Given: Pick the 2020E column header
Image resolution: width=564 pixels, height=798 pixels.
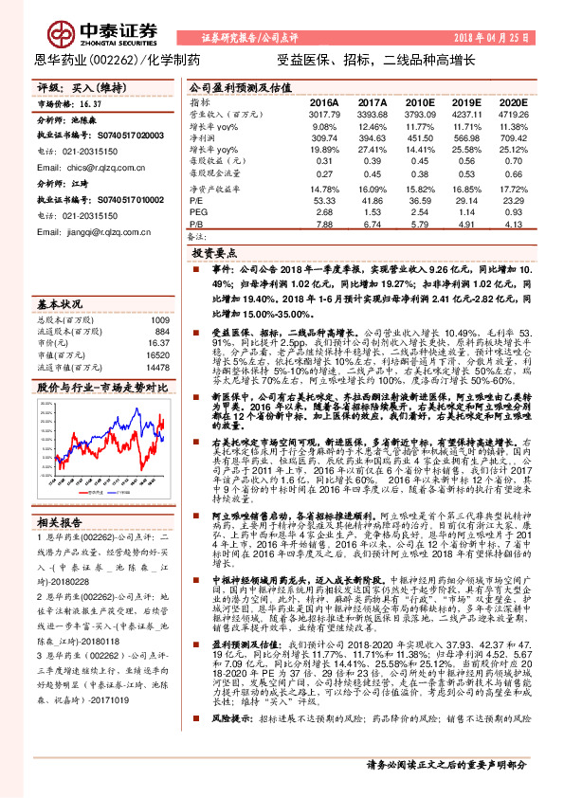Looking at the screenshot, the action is coord(512,101).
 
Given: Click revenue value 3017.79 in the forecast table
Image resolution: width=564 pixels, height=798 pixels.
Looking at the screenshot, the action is coord(323,115).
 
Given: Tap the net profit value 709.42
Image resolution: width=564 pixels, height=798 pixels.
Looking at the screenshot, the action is coord(512,138).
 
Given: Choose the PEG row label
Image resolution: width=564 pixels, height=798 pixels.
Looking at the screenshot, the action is coord(198,213).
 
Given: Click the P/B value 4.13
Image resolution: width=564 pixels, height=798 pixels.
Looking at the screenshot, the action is coord(512,225).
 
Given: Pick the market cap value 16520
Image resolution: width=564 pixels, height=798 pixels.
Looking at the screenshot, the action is coord(156,354).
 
